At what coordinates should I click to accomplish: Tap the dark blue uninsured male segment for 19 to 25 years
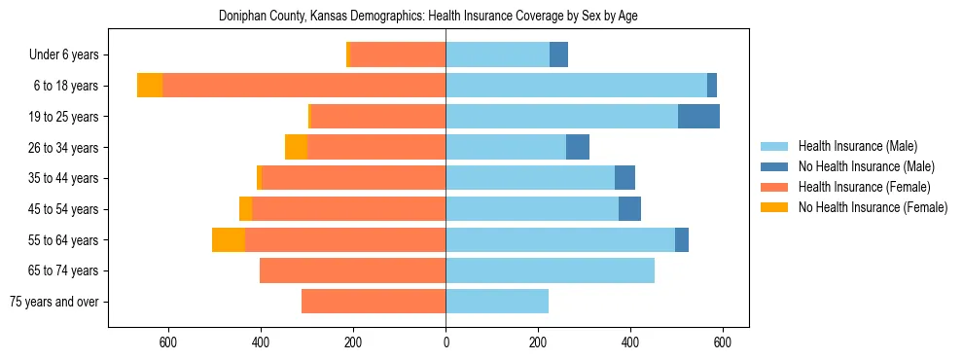698,116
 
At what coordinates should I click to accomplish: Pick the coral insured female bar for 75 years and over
374,302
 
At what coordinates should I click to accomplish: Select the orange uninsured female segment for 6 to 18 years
150,85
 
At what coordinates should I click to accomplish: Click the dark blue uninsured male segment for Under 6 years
558,54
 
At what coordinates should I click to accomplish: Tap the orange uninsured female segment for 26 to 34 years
296,147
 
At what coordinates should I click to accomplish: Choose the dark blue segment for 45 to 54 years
629,208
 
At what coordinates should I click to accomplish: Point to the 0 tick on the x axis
446,342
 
